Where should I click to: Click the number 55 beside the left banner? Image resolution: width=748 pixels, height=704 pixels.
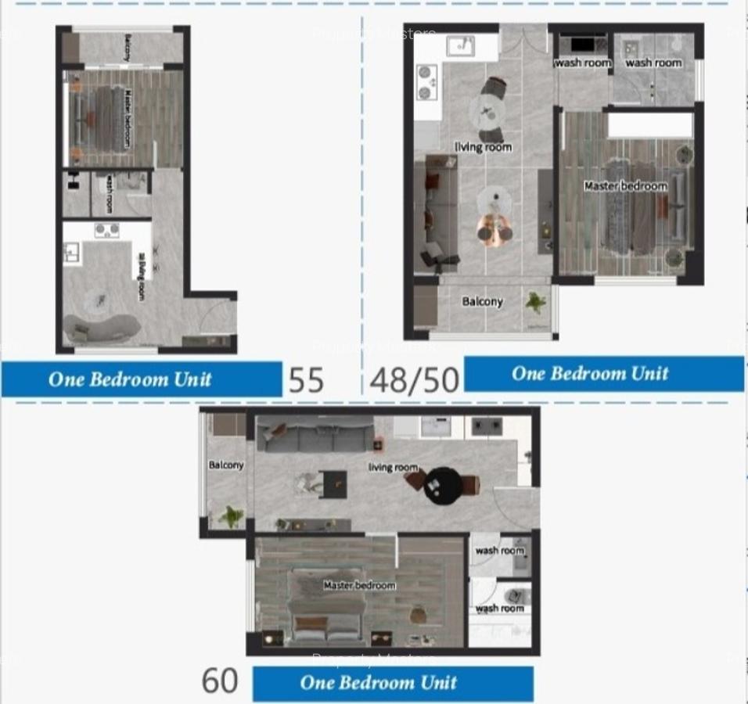point(306,380)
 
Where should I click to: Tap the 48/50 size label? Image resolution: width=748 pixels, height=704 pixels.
point(414,380)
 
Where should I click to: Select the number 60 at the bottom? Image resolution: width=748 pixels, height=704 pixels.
point(220,681)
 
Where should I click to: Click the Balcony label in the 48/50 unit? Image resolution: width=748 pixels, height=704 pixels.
point(482,302)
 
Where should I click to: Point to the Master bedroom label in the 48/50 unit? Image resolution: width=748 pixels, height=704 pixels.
point(625,186)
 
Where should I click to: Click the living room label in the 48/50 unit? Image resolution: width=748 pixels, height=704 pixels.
point(483,147)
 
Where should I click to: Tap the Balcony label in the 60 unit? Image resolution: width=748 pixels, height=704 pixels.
point(226,465)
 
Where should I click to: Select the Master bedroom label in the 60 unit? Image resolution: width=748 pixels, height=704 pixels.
point(360,585)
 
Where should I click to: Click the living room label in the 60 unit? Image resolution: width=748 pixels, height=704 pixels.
point(393,467)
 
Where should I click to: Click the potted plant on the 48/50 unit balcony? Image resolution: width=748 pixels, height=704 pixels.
point(537,303)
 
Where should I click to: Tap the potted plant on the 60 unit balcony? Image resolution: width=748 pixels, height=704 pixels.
point(231,516)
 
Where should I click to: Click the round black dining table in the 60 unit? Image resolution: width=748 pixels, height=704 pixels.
point(442,486)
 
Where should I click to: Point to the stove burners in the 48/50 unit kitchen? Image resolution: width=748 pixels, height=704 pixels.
point(426,82)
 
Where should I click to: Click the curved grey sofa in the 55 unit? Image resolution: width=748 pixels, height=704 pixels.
point(101,327)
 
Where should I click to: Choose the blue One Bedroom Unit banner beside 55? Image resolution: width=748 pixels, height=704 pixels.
point(141,379)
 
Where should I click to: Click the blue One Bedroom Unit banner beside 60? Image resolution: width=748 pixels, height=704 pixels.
point(392,683)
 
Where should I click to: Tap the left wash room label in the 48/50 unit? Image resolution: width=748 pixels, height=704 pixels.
point(582,63)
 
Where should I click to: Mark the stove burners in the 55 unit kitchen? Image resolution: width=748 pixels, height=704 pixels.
point(107,230)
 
